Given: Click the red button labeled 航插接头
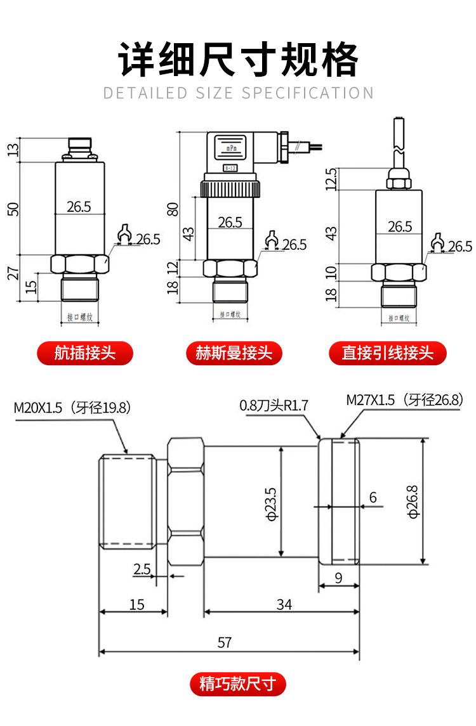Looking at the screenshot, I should pyautogui.click(x=85, y=353).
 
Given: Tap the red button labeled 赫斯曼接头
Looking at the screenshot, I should pyautogui.click(x=234, y=353).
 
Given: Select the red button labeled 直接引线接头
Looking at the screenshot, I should pyautogui.click(x=387, y=353).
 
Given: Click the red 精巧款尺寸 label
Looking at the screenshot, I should pyautogui.click(x=238, y=684).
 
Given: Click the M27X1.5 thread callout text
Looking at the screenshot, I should pyautogui.click(x=404, y=400).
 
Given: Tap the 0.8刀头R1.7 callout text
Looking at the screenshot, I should pyautogui.click(x=274, y=405).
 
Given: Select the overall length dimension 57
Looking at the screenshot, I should pyautogui.click(x=225, y=642).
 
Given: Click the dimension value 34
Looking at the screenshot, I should pyautogui.click(x=284, y=604).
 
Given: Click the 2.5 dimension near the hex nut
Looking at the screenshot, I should pyautogui.click(x=142, y=569).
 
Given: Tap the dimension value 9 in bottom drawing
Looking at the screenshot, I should pyautogui.click(x=338, y=578).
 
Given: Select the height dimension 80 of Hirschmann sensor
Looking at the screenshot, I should pyautogui.click(x=172, y=209).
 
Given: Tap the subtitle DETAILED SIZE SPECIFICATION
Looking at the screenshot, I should pyautogui.click(x=238, y=93).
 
